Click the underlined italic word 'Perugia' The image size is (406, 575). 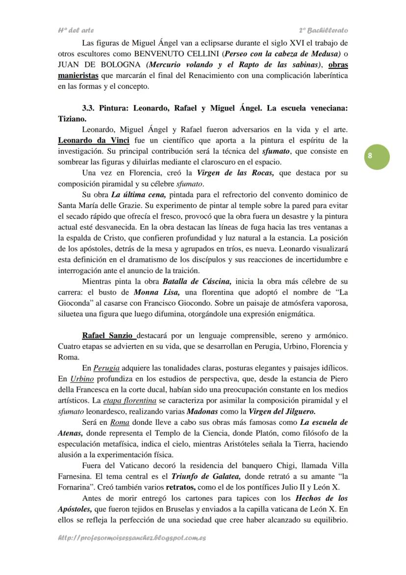coord(106,368)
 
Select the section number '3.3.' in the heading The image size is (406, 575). coord(90,108)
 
